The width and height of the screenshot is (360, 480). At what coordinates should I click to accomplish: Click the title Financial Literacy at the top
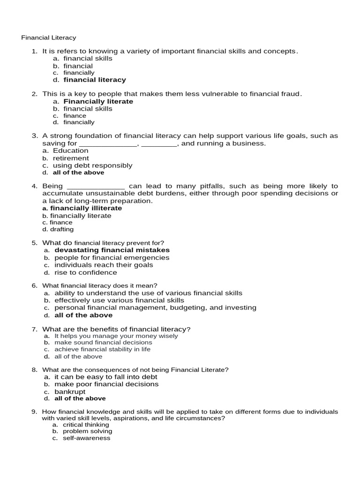click(x=49, y=37)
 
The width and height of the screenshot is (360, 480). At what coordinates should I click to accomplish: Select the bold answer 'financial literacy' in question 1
click(x=95, y=80)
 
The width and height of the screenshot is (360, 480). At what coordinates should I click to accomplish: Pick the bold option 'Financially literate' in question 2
click(x=98, y=101)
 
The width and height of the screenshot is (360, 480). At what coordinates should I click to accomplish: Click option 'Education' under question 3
click(x=70, y=150)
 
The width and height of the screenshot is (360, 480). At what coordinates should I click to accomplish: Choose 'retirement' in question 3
click(x=71, y=158)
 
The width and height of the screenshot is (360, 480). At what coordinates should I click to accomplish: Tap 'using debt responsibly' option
click(x=92, y=165)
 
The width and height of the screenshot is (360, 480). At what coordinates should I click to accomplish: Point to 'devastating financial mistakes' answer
click(x=112, y=250)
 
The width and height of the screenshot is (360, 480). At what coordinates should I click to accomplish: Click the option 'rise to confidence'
click(x=86, y=272)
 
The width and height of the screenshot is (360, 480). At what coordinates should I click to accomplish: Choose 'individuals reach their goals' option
click(x=104, y=265)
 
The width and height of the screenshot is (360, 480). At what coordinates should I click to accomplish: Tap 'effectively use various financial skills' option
click(x=119, y=300)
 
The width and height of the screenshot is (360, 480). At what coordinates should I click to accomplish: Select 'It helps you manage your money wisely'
click(x=116, y=336)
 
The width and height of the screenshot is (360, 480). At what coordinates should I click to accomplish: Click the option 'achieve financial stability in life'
click(x=109, y=349)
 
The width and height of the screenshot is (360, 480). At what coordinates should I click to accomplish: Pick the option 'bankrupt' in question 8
click(x=70, y=391)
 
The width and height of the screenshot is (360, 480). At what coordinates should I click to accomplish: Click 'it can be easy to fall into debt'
click(x=105, y=376)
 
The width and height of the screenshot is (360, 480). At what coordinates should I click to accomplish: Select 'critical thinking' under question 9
click(x=86, y=424)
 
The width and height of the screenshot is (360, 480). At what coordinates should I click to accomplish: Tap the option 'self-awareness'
click(x=86, y=438)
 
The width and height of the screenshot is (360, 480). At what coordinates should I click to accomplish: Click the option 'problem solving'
click(x=87, y=431)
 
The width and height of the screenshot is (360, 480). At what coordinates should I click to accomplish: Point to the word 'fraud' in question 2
click(x=290, y=94)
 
